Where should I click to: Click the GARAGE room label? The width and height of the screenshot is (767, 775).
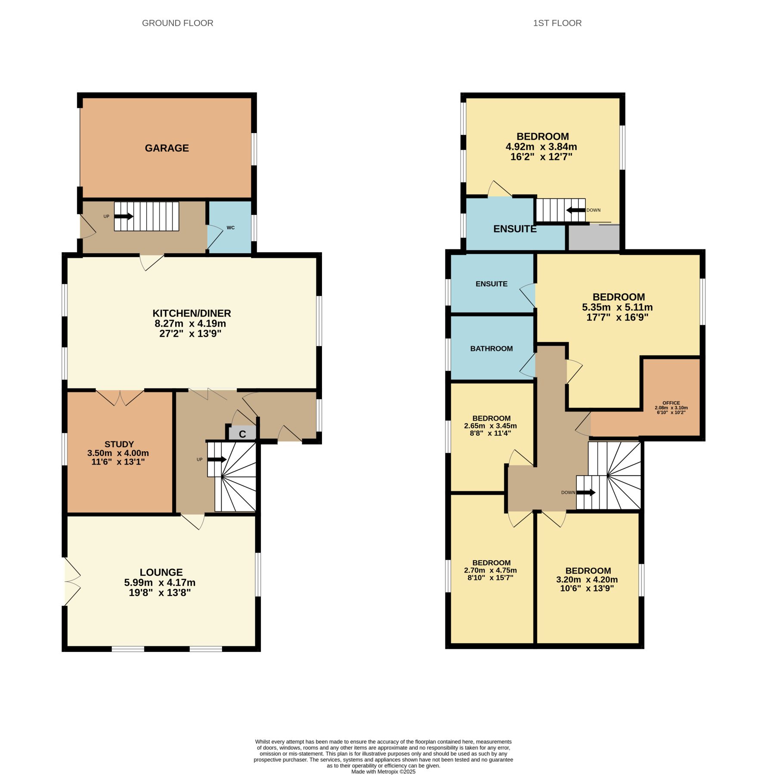[x=167, y=148]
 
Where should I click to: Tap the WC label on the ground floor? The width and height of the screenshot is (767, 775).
[x=231, y=228]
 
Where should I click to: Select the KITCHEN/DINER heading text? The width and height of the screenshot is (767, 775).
[x=192, y=313]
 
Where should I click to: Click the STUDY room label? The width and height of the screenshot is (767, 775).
[x=119, y=444]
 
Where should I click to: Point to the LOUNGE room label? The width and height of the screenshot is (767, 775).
[x=161, y=572]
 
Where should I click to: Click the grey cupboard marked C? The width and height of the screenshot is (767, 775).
[x=242, y=433]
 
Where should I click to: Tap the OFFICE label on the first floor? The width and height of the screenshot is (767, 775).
[x=671, y=403]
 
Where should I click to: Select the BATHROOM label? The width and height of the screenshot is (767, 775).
[x=492, y=349]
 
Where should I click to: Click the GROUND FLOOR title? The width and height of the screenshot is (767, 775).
[x=178, y=23]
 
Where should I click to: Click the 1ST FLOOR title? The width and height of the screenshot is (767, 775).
[x=557, y=23]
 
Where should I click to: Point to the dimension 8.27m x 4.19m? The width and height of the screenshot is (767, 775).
[x=190, y=324]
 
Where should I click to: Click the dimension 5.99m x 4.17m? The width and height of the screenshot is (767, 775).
[x=160, y=583]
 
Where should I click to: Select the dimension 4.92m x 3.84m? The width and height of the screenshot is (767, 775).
[x=541, y=147]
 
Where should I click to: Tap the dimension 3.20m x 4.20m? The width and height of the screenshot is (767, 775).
[x=587, y=580]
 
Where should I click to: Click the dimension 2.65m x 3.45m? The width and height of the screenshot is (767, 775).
[x=491, y=426]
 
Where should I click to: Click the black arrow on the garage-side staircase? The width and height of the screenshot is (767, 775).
[x=124, y=216]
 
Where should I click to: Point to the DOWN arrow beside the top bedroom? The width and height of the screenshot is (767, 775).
[x=575, y=210]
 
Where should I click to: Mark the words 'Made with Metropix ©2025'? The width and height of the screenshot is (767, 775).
[x=383, y=772]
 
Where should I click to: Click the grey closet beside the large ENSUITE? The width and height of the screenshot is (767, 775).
[x=594, y=237]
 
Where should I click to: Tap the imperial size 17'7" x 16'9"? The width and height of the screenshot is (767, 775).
[x=618, y=318]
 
